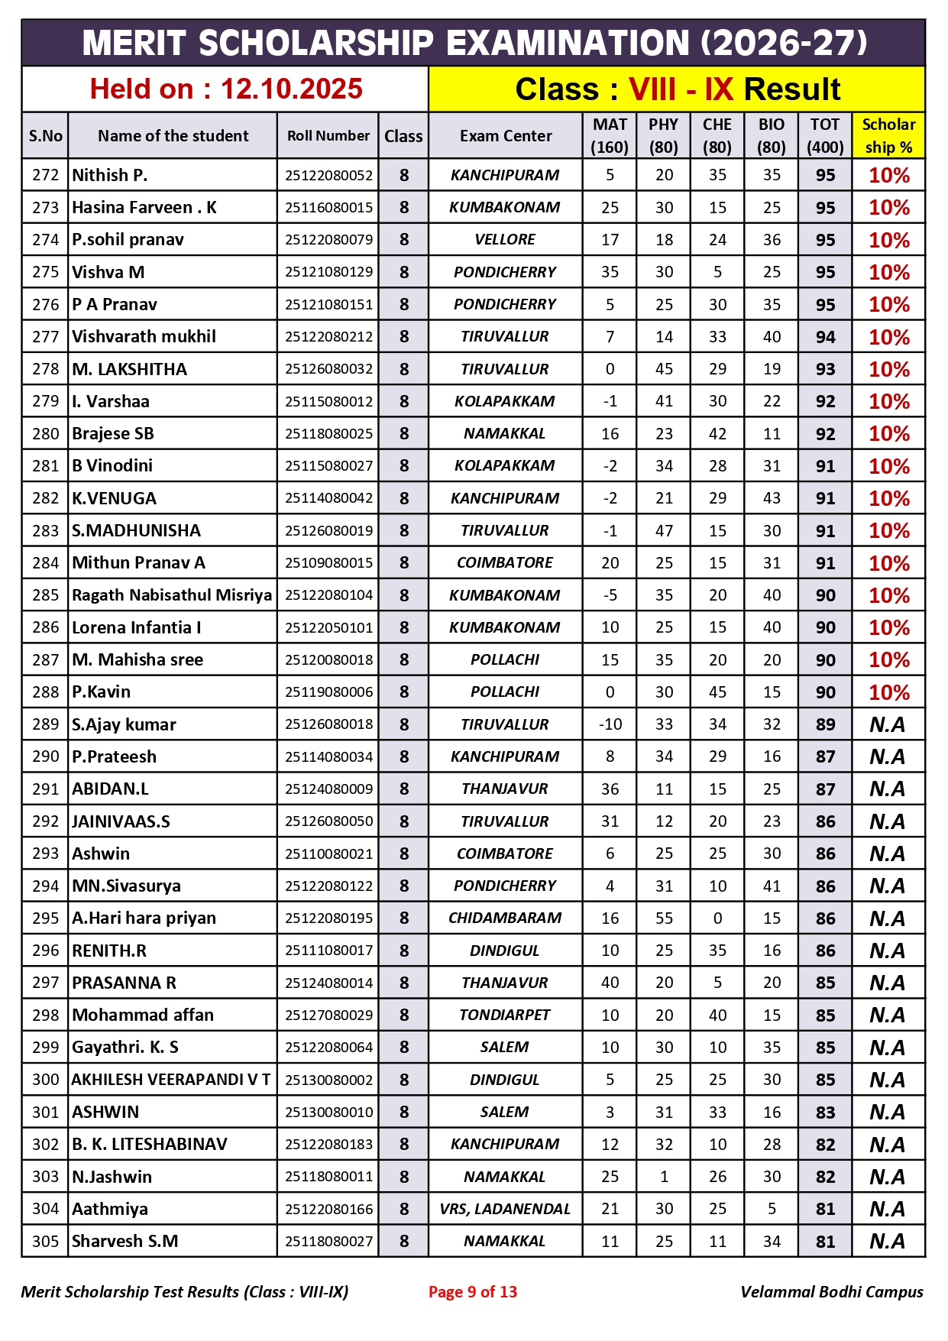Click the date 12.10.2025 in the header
(x=291, y=89)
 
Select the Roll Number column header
(x=328, y=136)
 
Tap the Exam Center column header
(x=505, y=136)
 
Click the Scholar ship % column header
(x=888, y=136)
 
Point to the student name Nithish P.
(x=110, y=175)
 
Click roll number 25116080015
(x=328, y=208)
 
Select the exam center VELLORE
(x=505, y=240)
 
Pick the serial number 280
(x=45, y=434)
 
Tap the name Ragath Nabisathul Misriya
(x=172, y=595)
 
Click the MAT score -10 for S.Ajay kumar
(x=610, y=724)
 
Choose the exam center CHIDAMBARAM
(x=505, y=918)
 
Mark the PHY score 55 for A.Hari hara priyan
(x=664, y=918)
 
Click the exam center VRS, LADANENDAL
(x=505, y=1209)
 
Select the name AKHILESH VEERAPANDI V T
(x=171, y=1080)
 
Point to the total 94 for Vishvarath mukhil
(x=825, y=337)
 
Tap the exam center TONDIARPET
(x=505, y=1015)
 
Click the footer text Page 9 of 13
(x=473, y=1292)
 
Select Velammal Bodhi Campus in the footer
(x=831, y=1292)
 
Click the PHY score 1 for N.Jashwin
(x=664, y=1177)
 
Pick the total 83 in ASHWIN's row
(x=825, y=1113)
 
